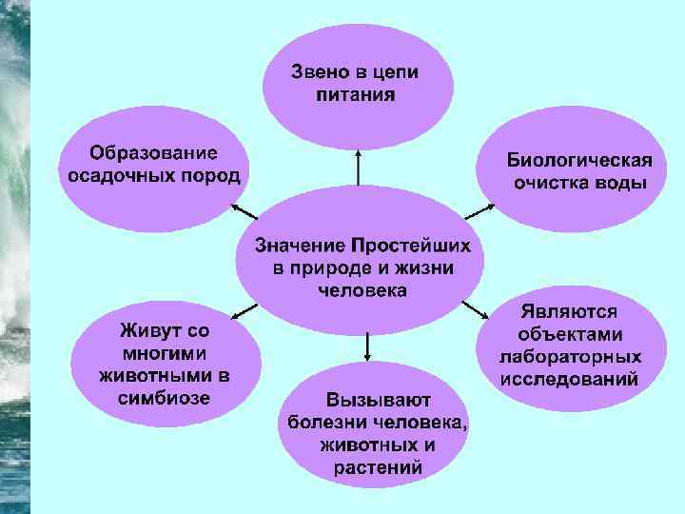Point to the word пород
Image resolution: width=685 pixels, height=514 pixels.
coord(214,176)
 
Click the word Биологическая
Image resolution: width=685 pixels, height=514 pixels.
coord(578,159)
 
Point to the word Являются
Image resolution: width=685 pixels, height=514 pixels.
coord(569,311)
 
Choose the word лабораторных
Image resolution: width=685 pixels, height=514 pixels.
coord(570,357)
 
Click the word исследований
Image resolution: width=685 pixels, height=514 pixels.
coord(569,380)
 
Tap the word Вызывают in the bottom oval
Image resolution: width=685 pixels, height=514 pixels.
coord(379,399)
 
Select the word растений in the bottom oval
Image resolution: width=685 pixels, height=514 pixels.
coord(379,467)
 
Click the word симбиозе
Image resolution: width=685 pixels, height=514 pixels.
coord(166,397)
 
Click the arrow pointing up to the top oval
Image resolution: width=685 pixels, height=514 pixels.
coord(358,166)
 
